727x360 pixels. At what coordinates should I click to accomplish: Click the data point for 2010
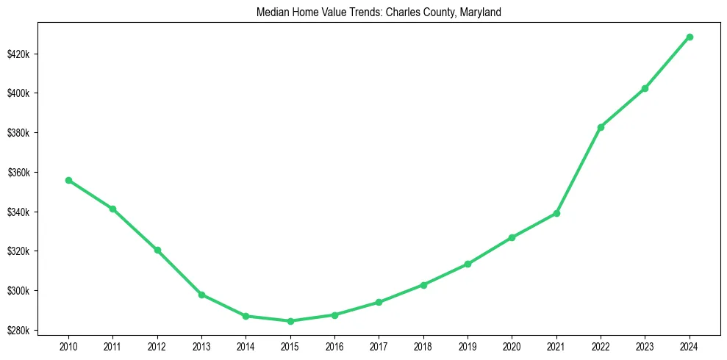point(68,180)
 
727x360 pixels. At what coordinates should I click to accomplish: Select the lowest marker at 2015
point(290,321)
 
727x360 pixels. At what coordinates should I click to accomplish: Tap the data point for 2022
point(601,127)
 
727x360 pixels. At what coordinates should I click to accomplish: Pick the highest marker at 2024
point(690,37)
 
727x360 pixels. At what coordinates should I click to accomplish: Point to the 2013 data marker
point(201,295)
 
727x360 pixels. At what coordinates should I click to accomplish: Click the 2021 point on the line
point(556,213)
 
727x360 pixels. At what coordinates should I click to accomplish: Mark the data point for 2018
point(423,285)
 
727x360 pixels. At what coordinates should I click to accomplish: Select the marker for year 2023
point(645,88)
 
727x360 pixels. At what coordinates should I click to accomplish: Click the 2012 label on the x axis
point(157,345)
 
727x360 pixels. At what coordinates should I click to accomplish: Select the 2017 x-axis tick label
point(379,345)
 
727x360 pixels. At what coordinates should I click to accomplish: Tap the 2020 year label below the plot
point(512,345)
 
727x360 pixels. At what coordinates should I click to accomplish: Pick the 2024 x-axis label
point(690,345)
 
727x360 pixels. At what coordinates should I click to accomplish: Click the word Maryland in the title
point(480,12)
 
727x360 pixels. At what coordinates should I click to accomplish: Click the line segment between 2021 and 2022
point(579,170)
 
